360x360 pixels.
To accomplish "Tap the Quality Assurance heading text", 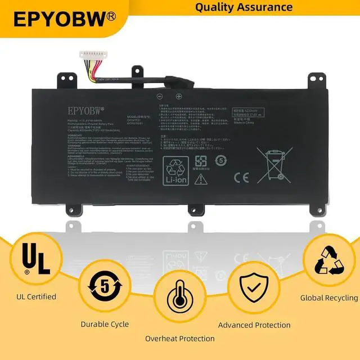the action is tap(244, 7).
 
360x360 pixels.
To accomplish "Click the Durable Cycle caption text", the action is tap(104, 324).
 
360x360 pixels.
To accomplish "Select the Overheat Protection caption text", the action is tap(179, 339).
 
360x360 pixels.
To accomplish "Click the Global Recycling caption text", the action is tap(329, 298).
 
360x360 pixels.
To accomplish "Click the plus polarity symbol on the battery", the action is tap(178, 96).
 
